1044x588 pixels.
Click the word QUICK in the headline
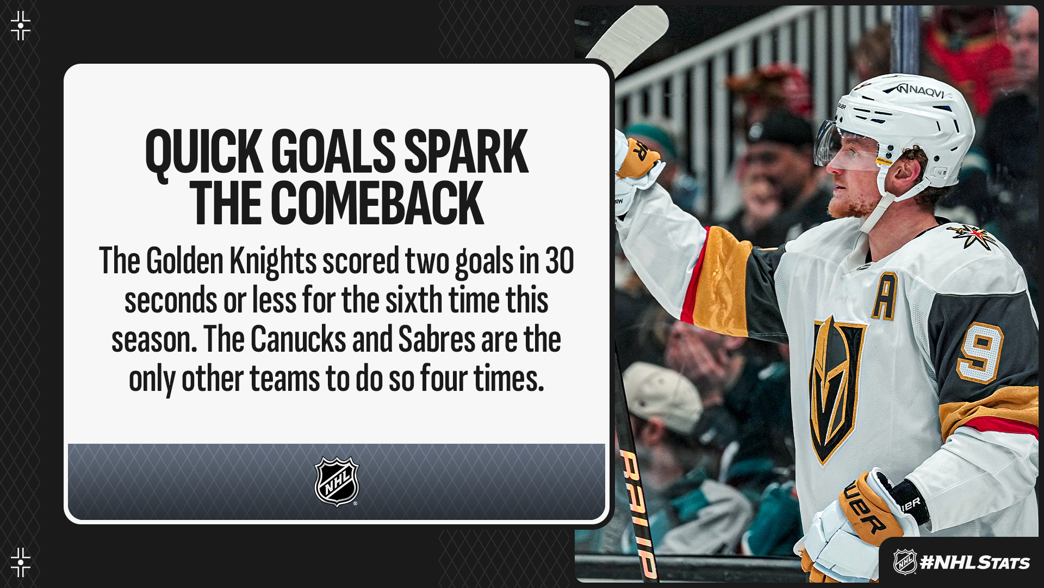(x=204, y=153)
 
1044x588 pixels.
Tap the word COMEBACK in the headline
(x=377, y=204)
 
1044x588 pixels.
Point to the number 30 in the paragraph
(x=560, y=261)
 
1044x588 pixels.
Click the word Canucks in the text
(x=298, y=339)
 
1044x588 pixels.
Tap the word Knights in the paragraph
(x=272, y=262)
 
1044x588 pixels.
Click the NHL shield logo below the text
(x=337, y=481)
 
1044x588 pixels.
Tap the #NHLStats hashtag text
(x=974, y=562)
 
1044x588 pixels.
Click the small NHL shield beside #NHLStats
(x=905, y=562)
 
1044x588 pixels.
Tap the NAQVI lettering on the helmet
(x=923, y=90)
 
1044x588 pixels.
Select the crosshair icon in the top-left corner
(x=21, y=26)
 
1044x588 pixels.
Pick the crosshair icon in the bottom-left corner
(x=21, y=562)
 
